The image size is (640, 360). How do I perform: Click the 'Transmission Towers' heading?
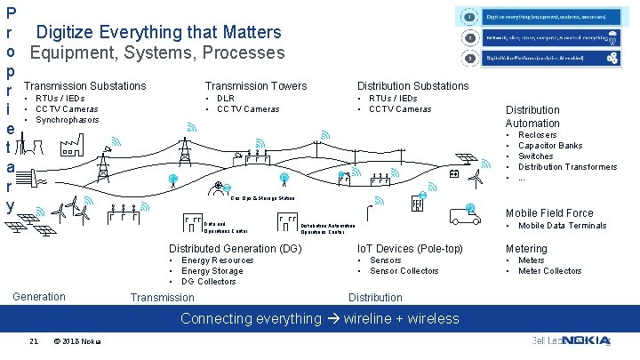(255, 86)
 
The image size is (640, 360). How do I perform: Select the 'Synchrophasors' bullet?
(67, 120)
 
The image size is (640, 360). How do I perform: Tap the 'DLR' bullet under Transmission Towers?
(226, 99)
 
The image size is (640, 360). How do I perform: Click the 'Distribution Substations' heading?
(412, 86)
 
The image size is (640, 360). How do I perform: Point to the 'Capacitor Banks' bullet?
(550, 146)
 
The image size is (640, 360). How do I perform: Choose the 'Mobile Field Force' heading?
(549, 213)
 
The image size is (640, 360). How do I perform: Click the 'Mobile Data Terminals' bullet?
(562, 226)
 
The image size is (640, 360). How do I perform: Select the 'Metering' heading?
(526, 248)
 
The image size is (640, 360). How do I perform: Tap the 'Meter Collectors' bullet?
(549, 271)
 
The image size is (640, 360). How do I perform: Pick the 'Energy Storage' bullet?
(212, 271)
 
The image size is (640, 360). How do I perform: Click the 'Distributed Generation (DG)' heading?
(236, 248)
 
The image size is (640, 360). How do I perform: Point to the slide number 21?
(33, 341)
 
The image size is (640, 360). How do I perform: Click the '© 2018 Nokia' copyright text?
(77, 341)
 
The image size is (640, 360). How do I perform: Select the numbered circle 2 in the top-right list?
(468, 38)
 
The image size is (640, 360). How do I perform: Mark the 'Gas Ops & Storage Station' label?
(261, 199)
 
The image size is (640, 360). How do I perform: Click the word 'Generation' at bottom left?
(39, 297)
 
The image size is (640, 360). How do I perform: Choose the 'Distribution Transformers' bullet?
(567, 167)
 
